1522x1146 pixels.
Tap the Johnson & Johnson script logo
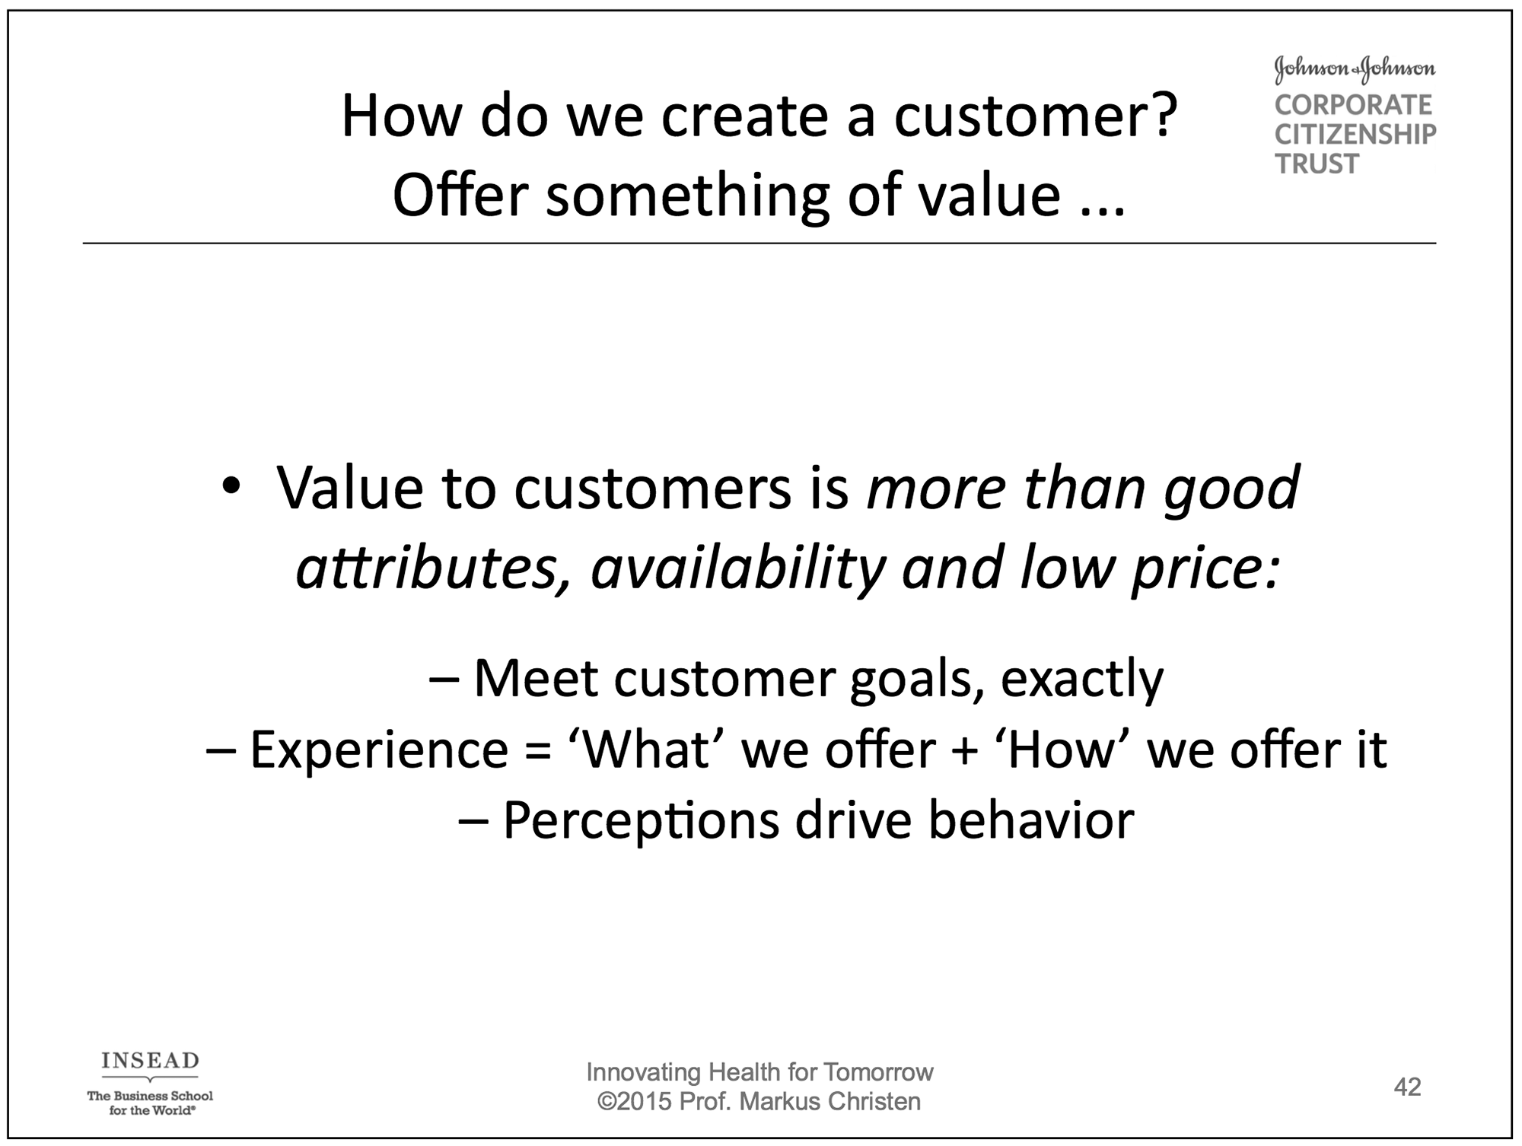(x=1355, y=69)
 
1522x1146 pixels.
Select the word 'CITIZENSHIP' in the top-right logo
(x=1355, y=135)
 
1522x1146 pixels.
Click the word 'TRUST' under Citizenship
(x=1317, y=164)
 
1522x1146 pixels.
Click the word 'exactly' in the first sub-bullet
(x=1081, y=680)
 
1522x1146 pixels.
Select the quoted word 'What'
(x=646, y=749)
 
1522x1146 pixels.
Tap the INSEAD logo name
(x=150, y=1060)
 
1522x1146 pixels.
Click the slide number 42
(x=1407, y=1087)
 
